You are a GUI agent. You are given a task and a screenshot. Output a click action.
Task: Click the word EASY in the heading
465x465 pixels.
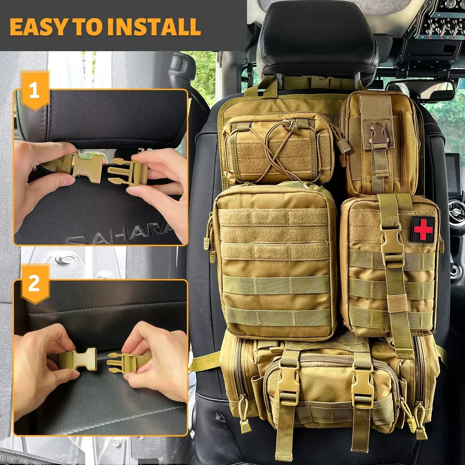point(35,26)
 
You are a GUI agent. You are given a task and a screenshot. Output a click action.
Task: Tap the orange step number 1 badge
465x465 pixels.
point(35,90)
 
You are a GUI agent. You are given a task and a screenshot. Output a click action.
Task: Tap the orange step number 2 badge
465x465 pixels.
point(34,283)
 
